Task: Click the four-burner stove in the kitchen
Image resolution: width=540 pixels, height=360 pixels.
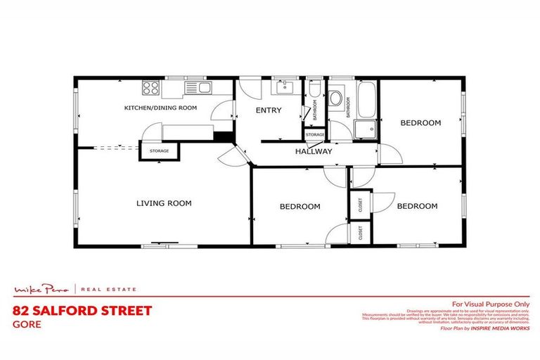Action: click(151, 88)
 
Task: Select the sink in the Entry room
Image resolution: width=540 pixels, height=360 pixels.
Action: click(285, 88)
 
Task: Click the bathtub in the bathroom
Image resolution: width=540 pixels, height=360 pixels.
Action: click(366, 101)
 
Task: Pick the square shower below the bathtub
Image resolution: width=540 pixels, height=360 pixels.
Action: click(365, 130)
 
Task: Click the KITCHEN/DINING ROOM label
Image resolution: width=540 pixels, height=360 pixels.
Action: click(160, 108)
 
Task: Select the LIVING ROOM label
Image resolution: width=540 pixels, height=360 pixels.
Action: click(164, 203)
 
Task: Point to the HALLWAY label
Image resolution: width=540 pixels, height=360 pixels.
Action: click(314, 151)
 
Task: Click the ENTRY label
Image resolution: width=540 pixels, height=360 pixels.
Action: click(269, 110)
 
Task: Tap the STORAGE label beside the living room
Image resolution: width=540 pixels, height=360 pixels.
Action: click(160, 151)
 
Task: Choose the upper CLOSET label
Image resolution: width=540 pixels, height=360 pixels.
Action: click(360, 204)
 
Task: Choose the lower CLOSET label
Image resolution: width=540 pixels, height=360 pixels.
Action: click(360, 233)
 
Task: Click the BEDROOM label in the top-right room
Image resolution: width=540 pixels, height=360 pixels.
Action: click(420, 123)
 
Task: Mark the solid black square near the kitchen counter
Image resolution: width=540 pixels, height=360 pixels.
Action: click(224, 137)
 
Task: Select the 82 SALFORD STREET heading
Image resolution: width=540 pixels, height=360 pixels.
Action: click(82, 310)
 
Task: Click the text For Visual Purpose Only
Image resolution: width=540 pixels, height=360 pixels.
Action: click(490, 303)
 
